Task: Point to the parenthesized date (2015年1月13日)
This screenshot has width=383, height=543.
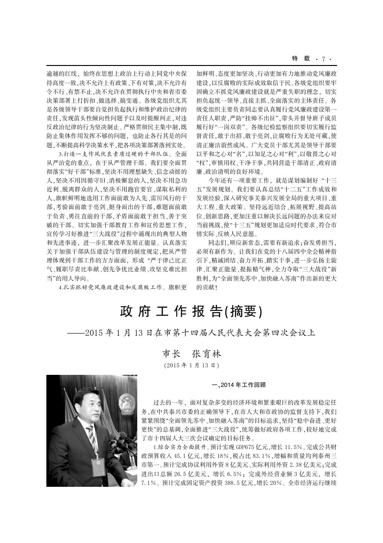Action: point(191,366)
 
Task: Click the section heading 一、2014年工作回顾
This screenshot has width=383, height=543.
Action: point(238,385)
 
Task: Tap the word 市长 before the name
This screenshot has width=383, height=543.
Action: point(170,354)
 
